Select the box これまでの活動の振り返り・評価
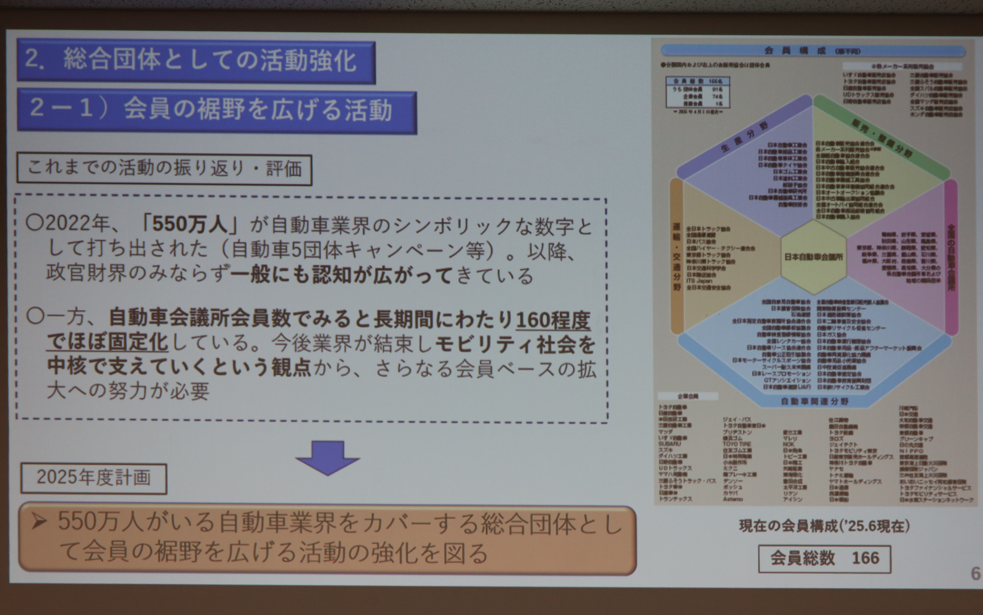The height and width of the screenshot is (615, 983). coord(164,169)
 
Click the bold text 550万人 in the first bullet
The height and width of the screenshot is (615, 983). coord(189,225)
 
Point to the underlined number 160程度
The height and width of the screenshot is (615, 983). coord(553,321)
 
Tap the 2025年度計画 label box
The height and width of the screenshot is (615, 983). coord(94,478)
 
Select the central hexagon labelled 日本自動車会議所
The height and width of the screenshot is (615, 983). coord(814,257)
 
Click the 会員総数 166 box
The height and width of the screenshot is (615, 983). coord(824,558)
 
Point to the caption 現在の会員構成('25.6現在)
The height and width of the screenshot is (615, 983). coord(824,526)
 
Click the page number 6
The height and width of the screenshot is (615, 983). coord(975,573)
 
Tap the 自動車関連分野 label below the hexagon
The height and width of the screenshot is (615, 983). coord(815,401)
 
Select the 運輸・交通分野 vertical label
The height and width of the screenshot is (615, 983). coord(676,256)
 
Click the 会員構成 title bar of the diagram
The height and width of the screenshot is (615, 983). coord(813,51)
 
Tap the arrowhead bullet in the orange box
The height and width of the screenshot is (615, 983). coord(39,522)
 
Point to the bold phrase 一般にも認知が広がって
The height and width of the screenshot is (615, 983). coord(341,275)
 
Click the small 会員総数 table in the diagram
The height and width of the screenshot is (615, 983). coord(698,92)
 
